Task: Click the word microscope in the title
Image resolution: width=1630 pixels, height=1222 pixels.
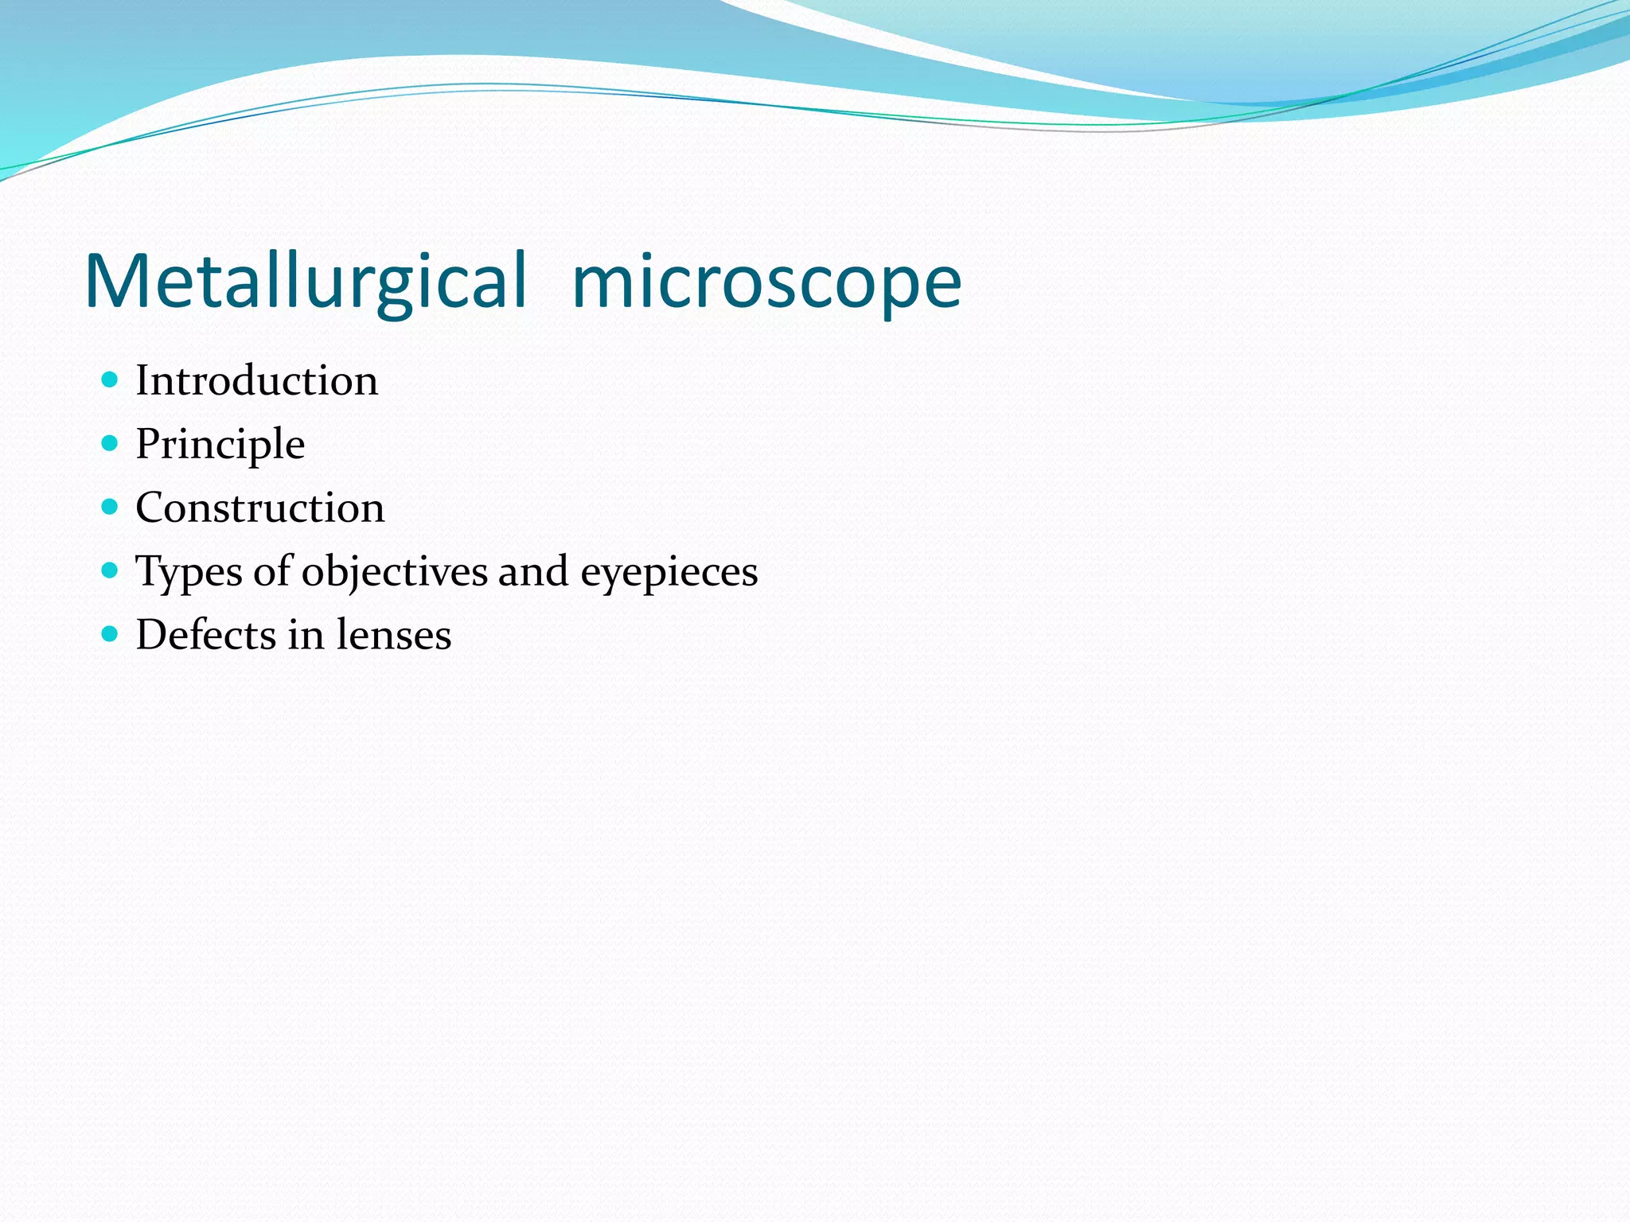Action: click(766, 283)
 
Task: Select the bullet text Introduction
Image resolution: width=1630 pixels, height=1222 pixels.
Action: click(256, 380)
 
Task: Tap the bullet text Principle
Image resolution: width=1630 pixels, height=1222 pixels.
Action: click(220, 445)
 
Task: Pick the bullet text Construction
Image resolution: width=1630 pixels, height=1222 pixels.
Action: click(259, 508)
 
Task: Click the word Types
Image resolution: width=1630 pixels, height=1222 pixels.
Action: click(189, 573)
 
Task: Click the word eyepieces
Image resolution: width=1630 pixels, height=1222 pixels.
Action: click(669, 573)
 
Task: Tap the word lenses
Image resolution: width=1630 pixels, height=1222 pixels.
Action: click(393, 635)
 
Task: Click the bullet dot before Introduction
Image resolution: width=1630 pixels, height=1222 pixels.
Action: click(111, 379)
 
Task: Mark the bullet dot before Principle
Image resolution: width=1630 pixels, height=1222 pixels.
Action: click(111, 442)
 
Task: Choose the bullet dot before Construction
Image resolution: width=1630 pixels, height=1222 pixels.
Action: click(111, 506)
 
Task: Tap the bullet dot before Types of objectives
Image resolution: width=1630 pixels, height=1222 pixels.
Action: click(111, 570)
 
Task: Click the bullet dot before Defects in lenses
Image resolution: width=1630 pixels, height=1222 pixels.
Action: click(111, 633)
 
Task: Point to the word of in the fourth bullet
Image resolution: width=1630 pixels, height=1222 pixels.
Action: click(272, 571)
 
